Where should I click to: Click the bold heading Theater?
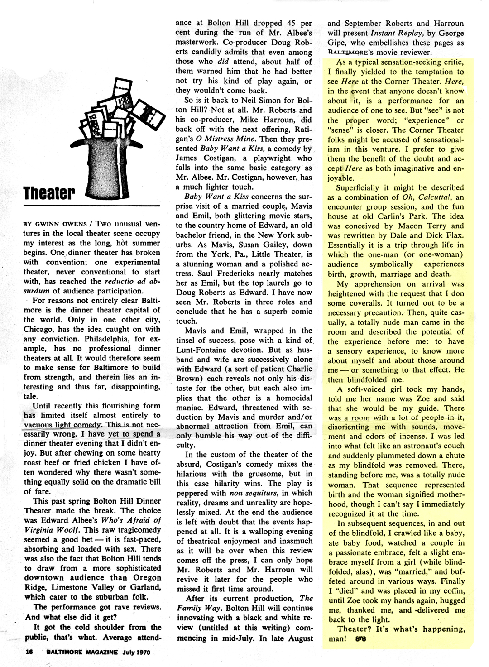tap(50, 193)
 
